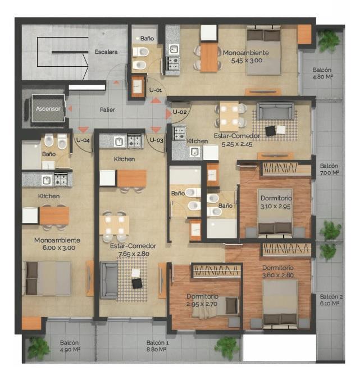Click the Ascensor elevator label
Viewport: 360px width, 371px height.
click(x=48, y=108)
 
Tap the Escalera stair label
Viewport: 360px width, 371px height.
click(x=106, y=52)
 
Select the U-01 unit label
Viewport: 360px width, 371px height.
click(x=156, y=90)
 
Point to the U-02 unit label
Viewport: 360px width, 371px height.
click(x=180, y=112)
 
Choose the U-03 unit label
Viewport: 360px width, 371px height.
click(x=157, y=140)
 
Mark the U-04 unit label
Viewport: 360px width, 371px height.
click(x=83, y=140)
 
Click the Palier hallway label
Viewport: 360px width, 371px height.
click(x=107, y=109)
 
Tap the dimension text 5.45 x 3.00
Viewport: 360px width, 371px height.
click(x=247, y=61)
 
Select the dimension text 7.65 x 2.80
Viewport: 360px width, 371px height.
click(x=134, y=254)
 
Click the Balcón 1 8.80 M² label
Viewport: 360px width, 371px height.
click(x=157, y=346)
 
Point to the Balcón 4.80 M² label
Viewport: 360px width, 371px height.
click(x=322, y=73)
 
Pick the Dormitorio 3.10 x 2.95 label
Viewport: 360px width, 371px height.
click(x=276, y=202)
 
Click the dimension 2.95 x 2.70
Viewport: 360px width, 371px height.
click(x=202, y=304)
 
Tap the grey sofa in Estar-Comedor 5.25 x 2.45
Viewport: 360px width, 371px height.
click(x=276, y=111)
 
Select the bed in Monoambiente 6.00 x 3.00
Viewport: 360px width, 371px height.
click(x=47, y=278)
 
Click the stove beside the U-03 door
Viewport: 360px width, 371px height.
click(x=134, y=141)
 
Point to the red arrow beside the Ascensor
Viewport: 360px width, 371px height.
click(x=70, y=108)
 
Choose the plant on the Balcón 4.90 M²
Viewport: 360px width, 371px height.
click(x=38, y=348)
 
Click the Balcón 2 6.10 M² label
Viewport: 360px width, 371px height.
click(x=331, y=300)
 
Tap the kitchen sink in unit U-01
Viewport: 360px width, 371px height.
click(x=174, y=49)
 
